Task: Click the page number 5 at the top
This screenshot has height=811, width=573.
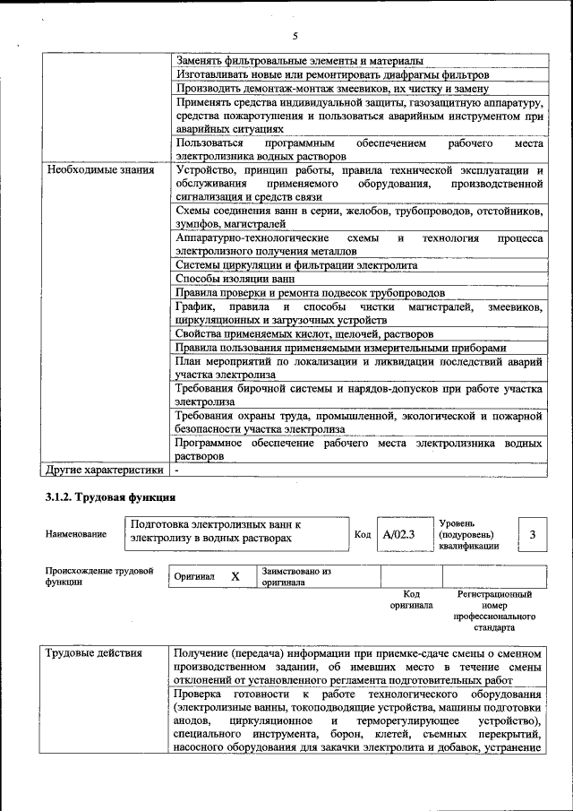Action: (294, 36)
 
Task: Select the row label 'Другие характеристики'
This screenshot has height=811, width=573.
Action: (105, 469)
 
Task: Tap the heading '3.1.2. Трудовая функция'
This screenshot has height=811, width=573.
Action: (110, 497)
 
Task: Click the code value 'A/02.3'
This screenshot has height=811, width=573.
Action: (398, 535)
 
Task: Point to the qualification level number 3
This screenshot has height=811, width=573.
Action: (533, 535)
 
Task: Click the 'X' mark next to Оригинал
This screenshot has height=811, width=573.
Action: (235, 577)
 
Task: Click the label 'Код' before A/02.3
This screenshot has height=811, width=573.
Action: (363, 535)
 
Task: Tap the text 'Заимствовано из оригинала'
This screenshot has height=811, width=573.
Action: (295, 576)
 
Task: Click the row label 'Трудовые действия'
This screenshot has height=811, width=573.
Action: (94, 653)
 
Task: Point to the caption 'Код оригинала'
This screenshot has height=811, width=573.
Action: (411, 600)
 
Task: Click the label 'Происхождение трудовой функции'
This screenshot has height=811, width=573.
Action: (98, 576)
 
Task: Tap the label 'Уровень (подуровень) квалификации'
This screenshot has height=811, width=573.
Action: (470, 535)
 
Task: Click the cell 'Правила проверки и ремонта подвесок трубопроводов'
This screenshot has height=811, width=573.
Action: (310, 293)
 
